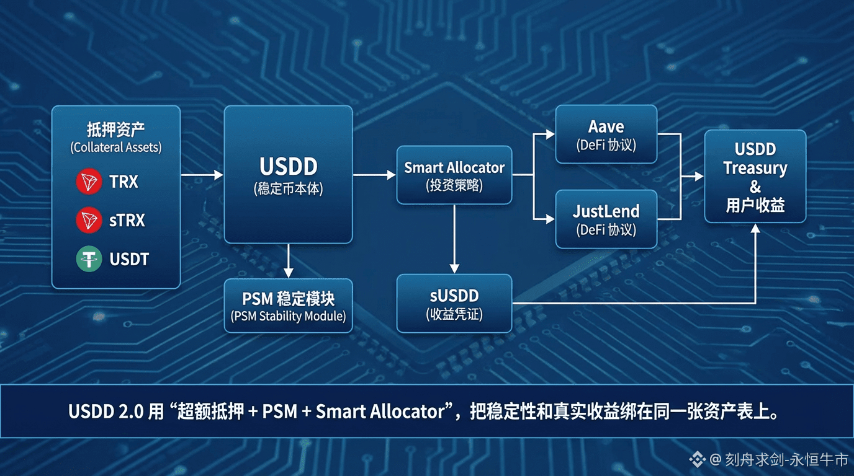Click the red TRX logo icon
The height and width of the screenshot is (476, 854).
coord(89,181)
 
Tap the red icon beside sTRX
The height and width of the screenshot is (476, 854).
coord(89,220)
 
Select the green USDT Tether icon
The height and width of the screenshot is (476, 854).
coord(89,259)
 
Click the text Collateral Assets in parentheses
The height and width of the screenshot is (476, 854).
coord(116,148)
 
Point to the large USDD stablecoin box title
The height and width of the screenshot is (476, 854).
coord(289,166)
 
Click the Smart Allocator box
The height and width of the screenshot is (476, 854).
coord(454,175)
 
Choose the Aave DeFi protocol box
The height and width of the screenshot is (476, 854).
coord(606,134)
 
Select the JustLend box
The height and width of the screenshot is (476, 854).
coord(606,219)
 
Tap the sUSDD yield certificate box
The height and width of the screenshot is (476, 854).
coord(454,304)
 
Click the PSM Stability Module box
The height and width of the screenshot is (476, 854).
coord(288,306)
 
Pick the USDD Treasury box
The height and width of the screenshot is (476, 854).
coord(755,176)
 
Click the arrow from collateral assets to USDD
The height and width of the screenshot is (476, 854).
coord(202,175)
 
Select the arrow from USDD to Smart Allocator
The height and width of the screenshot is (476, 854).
coord(374,175)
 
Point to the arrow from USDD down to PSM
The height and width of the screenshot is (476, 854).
coord(289,261)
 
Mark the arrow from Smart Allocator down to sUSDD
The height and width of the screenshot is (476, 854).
coord(454,239)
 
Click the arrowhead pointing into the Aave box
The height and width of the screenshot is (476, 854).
coord(550,134)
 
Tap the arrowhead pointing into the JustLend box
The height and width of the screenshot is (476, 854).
coord(550,219)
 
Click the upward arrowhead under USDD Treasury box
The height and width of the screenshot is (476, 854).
coord(755,229)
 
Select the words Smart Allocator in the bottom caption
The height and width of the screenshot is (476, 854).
coord(380,412)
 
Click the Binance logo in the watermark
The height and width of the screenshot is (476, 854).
coord(698,459)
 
